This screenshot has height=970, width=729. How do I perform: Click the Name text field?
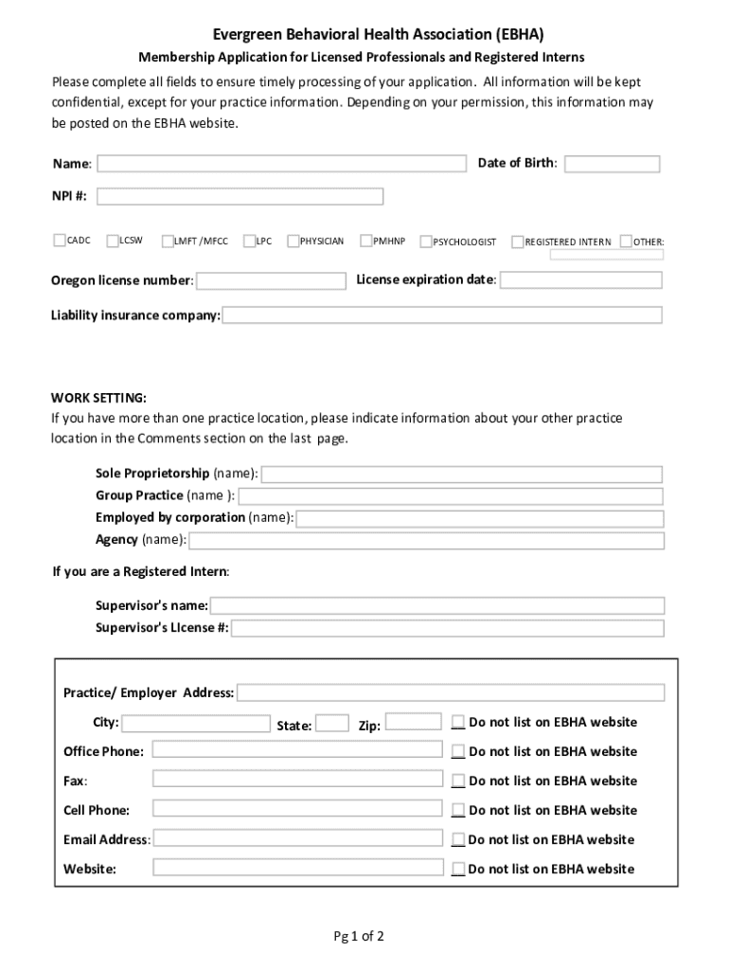(x=281, y=164)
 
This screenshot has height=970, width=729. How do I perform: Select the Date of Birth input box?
(x=612, y=164)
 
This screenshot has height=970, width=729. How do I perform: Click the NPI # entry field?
(x=240, y=197)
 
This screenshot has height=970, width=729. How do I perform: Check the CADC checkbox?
(x=60, y=241)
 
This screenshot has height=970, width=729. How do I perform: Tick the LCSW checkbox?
(x=113, y=241)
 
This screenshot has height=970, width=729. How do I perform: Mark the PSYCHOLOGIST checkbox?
(x=426, y=242)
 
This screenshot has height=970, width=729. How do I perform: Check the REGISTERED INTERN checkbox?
(x=517, y=242)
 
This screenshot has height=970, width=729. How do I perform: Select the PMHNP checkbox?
(x=365, y=241)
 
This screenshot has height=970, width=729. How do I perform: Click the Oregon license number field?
(x=271, y=281)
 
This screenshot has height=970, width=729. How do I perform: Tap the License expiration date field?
(x=581, y=280)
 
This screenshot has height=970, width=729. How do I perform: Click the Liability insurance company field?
(x=442, y=315)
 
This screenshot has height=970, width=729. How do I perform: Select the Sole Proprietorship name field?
(x=462, y=475)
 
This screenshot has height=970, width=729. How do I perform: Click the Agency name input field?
(x=427, y=541)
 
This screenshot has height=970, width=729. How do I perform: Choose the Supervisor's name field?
(x=437, y=605)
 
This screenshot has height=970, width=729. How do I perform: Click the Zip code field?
(x=414, y=722)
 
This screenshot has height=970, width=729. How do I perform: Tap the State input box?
(x=332, y=724)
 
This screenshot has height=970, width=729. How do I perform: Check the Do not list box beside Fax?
(x=458, y=781)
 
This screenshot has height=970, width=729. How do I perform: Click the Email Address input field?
(x=297, y=838)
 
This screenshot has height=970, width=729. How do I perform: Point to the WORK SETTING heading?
(x=98, y=397)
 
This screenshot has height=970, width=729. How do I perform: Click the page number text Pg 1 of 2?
(x=358, y=937)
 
